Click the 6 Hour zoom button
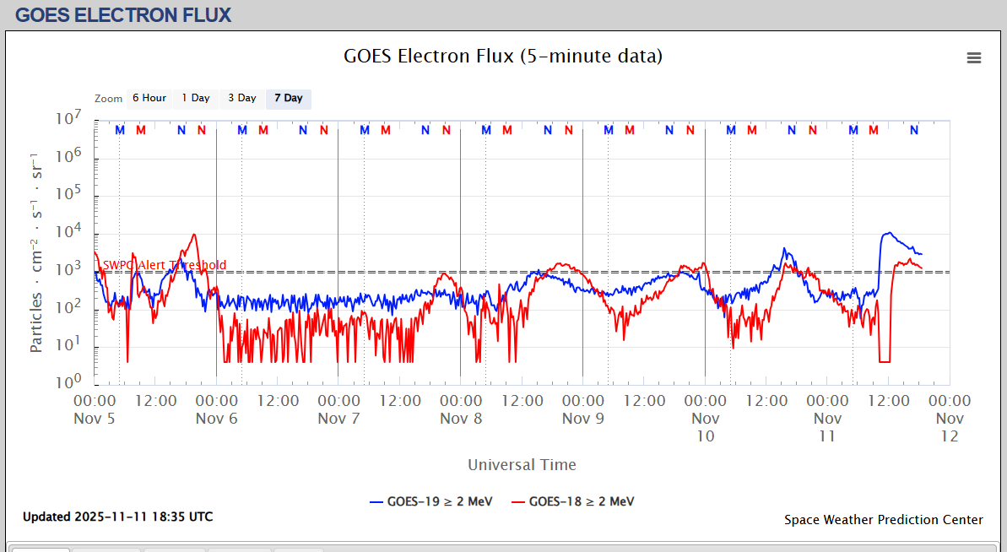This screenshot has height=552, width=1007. click(149, 98)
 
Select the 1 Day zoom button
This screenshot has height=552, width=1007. click(196, 98)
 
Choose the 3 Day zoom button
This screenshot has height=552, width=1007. click(242, 98)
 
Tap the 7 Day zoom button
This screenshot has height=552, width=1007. click(288, 98)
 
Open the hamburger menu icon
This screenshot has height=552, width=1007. click(974, 57)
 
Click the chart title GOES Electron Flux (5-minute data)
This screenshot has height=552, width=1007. click(503, 57)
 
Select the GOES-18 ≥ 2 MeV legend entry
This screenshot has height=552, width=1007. click(574, 501)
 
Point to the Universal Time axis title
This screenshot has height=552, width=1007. click(522, 464)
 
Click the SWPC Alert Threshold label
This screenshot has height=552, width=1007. click(164, 265)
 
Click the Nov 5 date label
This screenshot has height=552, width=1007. click(95, 418)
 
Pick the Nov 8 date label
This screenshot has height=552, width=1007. click(461, 418)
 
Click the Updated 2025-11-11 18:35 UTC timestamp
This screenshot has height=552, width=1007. click(118, 517)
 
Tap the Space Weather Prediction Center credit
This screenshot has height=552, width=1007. click(883, 520)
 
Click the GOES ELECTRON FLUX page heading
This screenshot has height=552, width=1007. click(123, 14)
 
